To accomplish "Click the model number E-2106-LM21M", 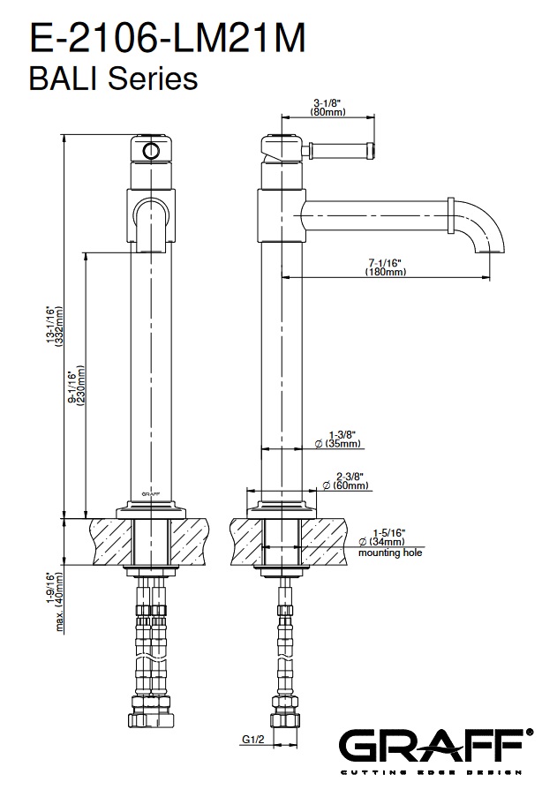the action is pyautogui.click(x=167, y=39).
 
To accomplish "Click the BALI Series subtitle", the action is pyautogui.click(x=113, y=79).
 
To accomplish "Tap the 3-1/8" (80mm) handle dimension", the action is pyautogui.click(x=327, y=108).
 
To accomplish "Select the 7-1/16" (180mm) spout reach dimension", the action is pyautogui.click(x=386, y=267).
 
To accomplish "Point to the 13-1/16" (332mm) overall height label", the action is pyautogui.click(x=55, y=326).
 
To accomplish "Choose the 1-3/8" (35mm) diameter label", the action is pyautogui.click(x=338, y=440).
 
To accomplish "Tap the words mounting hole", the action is pyautogui.click(x=390, y=553).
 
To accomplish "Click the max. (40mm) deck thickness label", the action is pyautogui.click(x=55, y=602).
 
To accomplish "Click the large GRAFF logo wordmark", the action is pyautogui.click(x=432, y=747).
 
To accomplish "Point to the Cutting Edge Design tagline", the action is pyautogui.click(x=431, y=772).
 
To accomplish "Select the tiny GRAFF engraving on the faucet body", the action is pyautogui.click(x=151, y=493).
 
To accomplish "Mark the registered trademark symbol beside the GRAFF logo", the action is pyautogui.click(x=529, y=733).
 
